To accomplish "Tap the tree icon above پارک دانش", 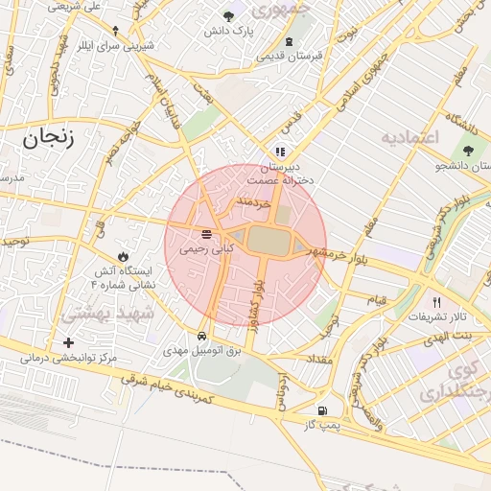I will pos(228,16).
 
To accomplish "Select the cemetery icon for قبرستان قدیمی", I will pos(290,41).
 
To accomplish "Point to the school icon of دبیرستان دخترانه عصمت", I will pos(280,152).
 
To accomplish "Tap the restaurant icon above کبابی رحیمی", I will pos(207,234).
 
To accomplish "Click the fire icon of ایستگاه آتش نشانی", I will pos(123,256).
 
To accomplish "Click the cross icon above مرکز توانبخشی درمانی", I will pos(67,342).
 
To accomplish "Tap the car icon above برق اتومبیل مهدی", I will pos(201,337).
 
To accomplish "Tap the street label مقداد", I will pos(316,359).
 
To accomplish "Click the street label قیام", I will pos(377,299).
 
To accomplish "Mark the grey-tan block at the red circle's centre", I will pos(270,240).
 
